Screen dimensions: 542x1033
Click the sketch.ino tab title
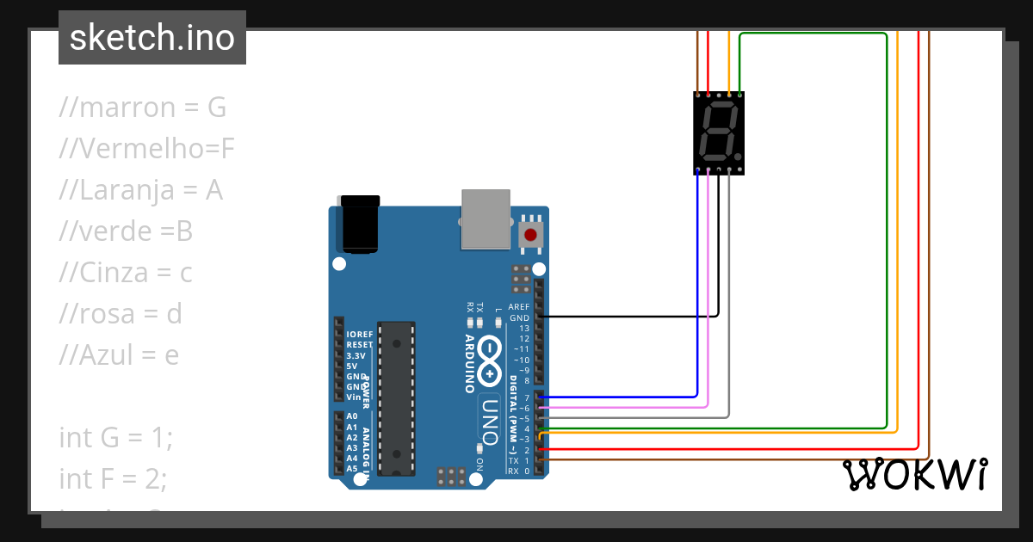[152, 38]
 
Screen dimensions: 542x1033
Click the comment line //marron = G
[142, 108]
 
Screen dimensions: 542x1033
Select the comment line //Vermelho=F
[146, 149]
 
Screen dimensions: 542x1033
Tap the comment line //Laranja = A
[140, 190]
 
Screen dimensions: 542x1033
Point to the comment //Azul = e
[119, 354]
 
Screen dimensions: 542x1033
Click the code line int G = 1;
[116, 437]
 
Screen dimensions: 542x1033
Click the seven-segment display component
[718, 132]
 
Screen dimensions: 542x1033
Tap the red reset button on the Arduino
[530, 234]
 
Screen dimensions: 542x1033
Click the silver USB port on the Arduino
[486, 219]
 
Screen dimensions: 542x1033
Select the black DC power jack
[360, 225]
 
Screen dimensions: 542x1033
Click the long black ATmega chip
[397, 397]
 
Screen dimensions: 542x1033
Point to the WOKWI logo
[914, 475]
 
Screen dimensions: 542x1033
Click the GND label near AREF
[519, 317]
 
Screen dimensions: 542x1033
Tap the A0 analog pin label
[351, 416]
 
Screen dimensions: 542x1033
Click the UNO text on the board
[489, 420]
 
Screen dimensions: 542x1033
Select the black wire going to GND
[628, 317]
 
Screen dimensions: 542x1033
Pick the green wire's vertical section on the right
[886, 232]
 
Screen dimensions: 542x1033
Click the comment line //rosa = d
[121, 313]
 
